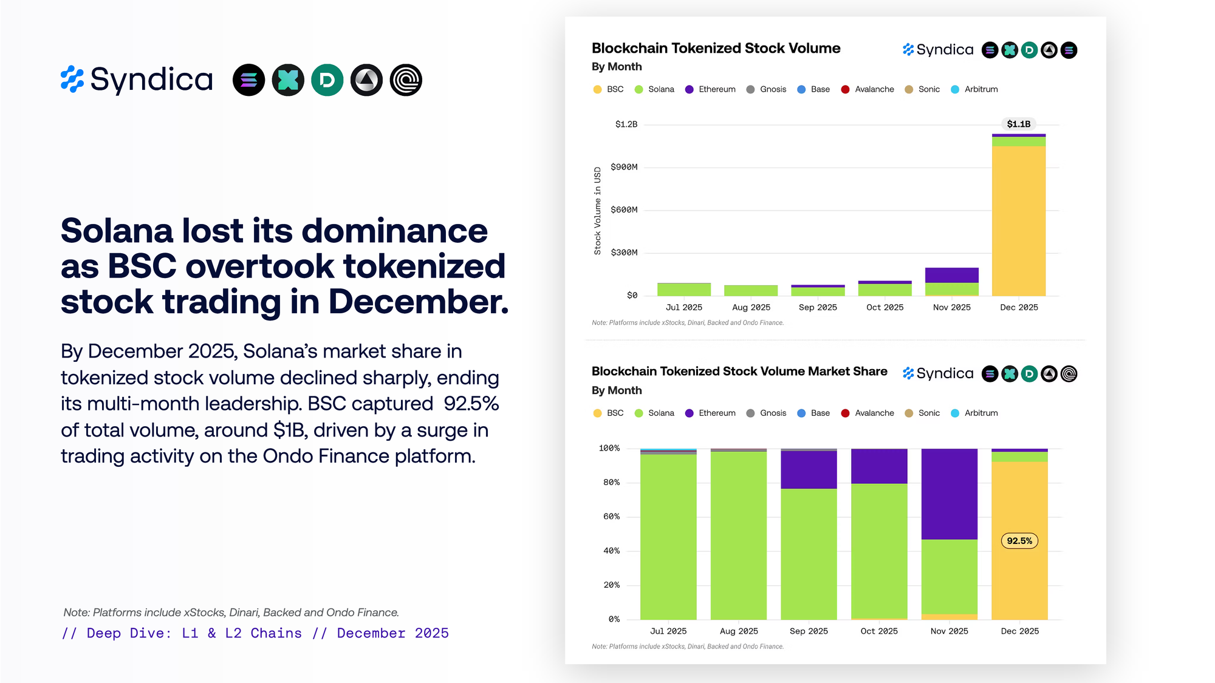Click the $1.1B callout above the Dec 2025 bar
click(x=1019, y=124)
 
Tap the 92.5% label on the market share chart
click(x=1019, y=541)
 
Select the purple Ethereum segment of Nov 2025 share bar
click(x=950, y=494)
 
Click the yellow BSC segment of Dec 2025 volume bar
click(x=1019, y=221)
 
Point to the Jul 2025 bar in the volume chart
click(x=684, y=290)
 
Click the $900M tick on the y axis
click(x=624, y=167)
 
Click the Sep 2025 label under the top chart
click(x=818, y=307)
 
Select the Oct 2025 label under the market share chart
click(x=879, y=631)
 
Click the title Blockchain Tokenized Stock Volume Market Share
click(x=739, y=372)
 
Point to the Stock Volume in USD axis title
click(x=598, y=211)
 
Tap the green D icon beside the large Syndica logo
click(x=327, y=80)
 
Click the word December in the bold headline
click(x=419, y=302)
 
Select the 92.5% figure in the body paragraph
click(x=471, y=404)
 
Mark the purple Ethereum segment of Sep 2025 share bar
click(x=809, y=470)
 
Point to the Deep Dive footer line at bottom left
click(x=255, y=633)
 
